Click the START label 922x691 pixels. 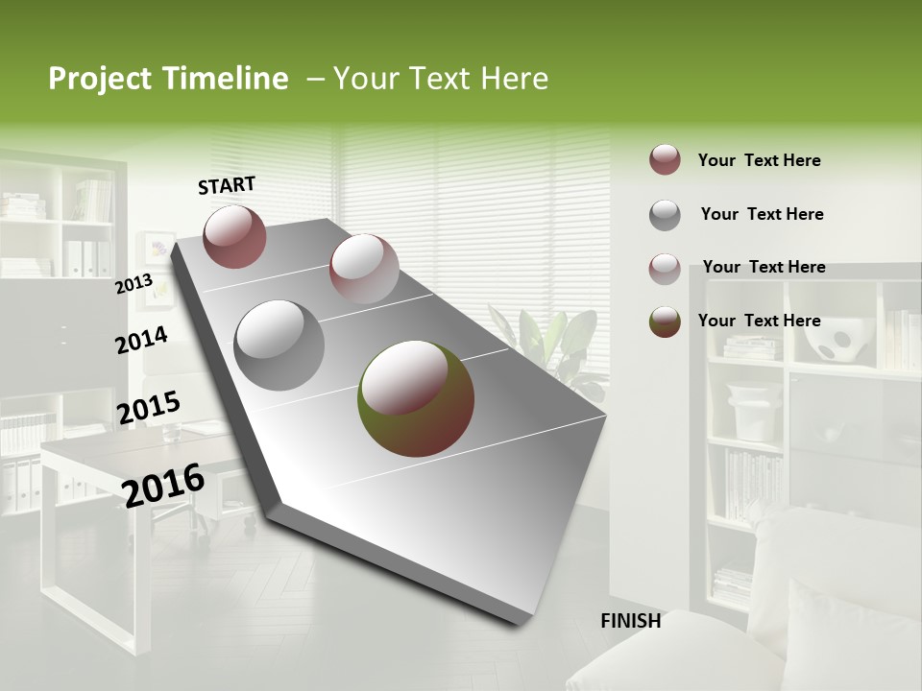pos(227,185)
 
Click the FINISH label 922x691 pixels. pos(630,621)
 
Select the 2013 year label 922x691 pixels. pos(133,284)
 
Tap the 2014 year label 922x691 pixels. pos(141,341)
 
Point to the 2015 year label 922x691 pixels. pos(148,408)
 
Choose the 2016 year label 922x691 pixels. pos(163,485)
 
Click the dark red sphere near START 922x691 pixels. pos(234,236)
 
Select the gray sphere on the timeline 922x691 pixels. pos(279,345)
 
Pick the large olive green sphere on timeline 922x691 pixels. pos(416,398)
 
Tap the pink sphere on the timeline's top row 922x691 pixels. pos(364,269)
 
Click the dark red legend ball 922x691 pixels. pos(665,160)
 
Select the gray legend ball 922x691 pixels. pos(665,215)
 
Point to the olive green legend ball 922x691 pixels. pos(665,322)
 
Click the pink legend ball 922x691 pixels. pos(665,269)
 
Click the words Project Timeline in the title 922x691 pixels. pos(168,79)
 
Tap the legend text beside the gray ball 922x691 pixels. pos(762,214)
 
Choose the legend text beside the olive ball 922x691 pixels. pos(759,321)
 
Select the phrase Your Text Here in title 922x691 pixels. pos(441,79)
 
